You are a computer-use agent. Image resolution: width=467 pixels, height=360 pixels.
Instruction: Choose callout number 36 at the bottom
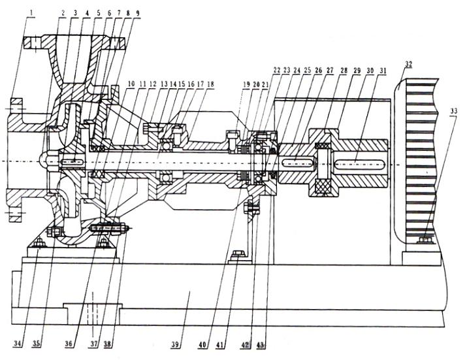click(73, 343)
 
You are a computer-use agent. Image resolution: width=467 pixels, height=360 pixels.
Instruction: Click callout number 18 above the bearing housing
click(210, 84)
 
